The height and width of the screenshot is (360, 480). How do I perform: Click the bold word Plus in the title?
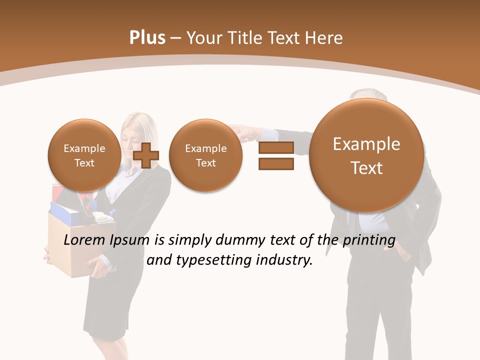tap(147, 38)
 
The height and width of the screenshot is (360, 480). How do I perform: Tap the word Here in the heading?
tap(325, 38)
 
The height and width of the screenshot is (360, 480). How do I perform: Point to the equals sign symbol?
tap(276, 155)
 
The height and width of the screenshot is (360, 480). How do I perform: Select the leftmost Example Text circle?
tap(84, 155)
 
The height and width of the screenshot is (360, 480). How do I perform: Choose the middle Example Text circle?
tap(205, 155)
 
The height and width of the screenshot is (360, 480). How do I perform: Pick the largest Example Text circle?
tap(366, 155)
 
